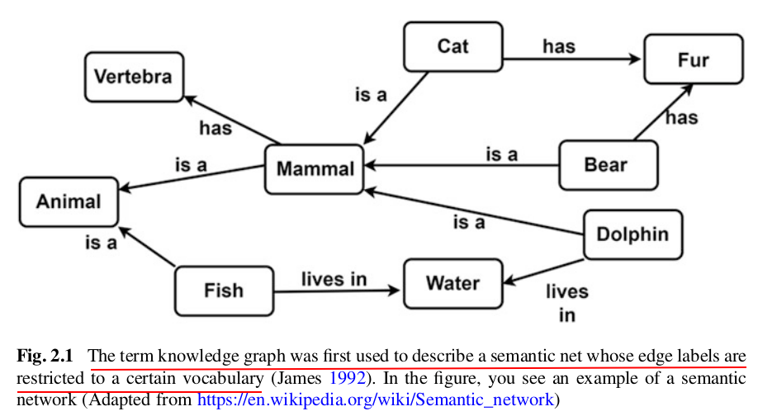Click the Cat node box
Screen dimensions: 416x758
pos(452,46)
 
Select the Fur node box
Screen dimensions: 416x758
pos(693,60)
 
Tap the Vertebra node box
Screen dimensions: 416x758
pos(132,78)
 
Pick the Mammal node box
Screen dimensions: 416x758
pos(315,169)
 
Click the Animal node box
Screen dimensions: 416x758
pos(69,201)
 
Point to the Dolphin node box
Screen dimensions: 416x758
pos(632,234)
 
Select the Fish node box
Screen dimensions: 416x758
pos(224,290)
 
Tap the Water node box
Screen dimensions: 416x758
pos(452,283)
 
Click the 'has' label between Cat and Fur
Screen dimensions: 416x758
pos(558,46)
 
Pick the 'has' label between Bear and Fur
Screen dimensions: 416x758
pos(681,118)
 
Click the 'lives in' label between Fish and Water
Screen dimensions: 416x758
pos(333,279)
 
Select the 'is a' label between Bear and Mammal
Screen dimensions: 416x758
pos(501,154)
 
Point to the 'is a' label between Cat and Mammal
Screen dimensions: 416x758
pos(371,95)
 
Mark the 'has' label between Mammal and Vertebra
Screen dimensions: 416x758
pos(216,128)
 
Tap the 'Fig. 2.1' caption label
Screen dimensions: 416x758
pos(45,357)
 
